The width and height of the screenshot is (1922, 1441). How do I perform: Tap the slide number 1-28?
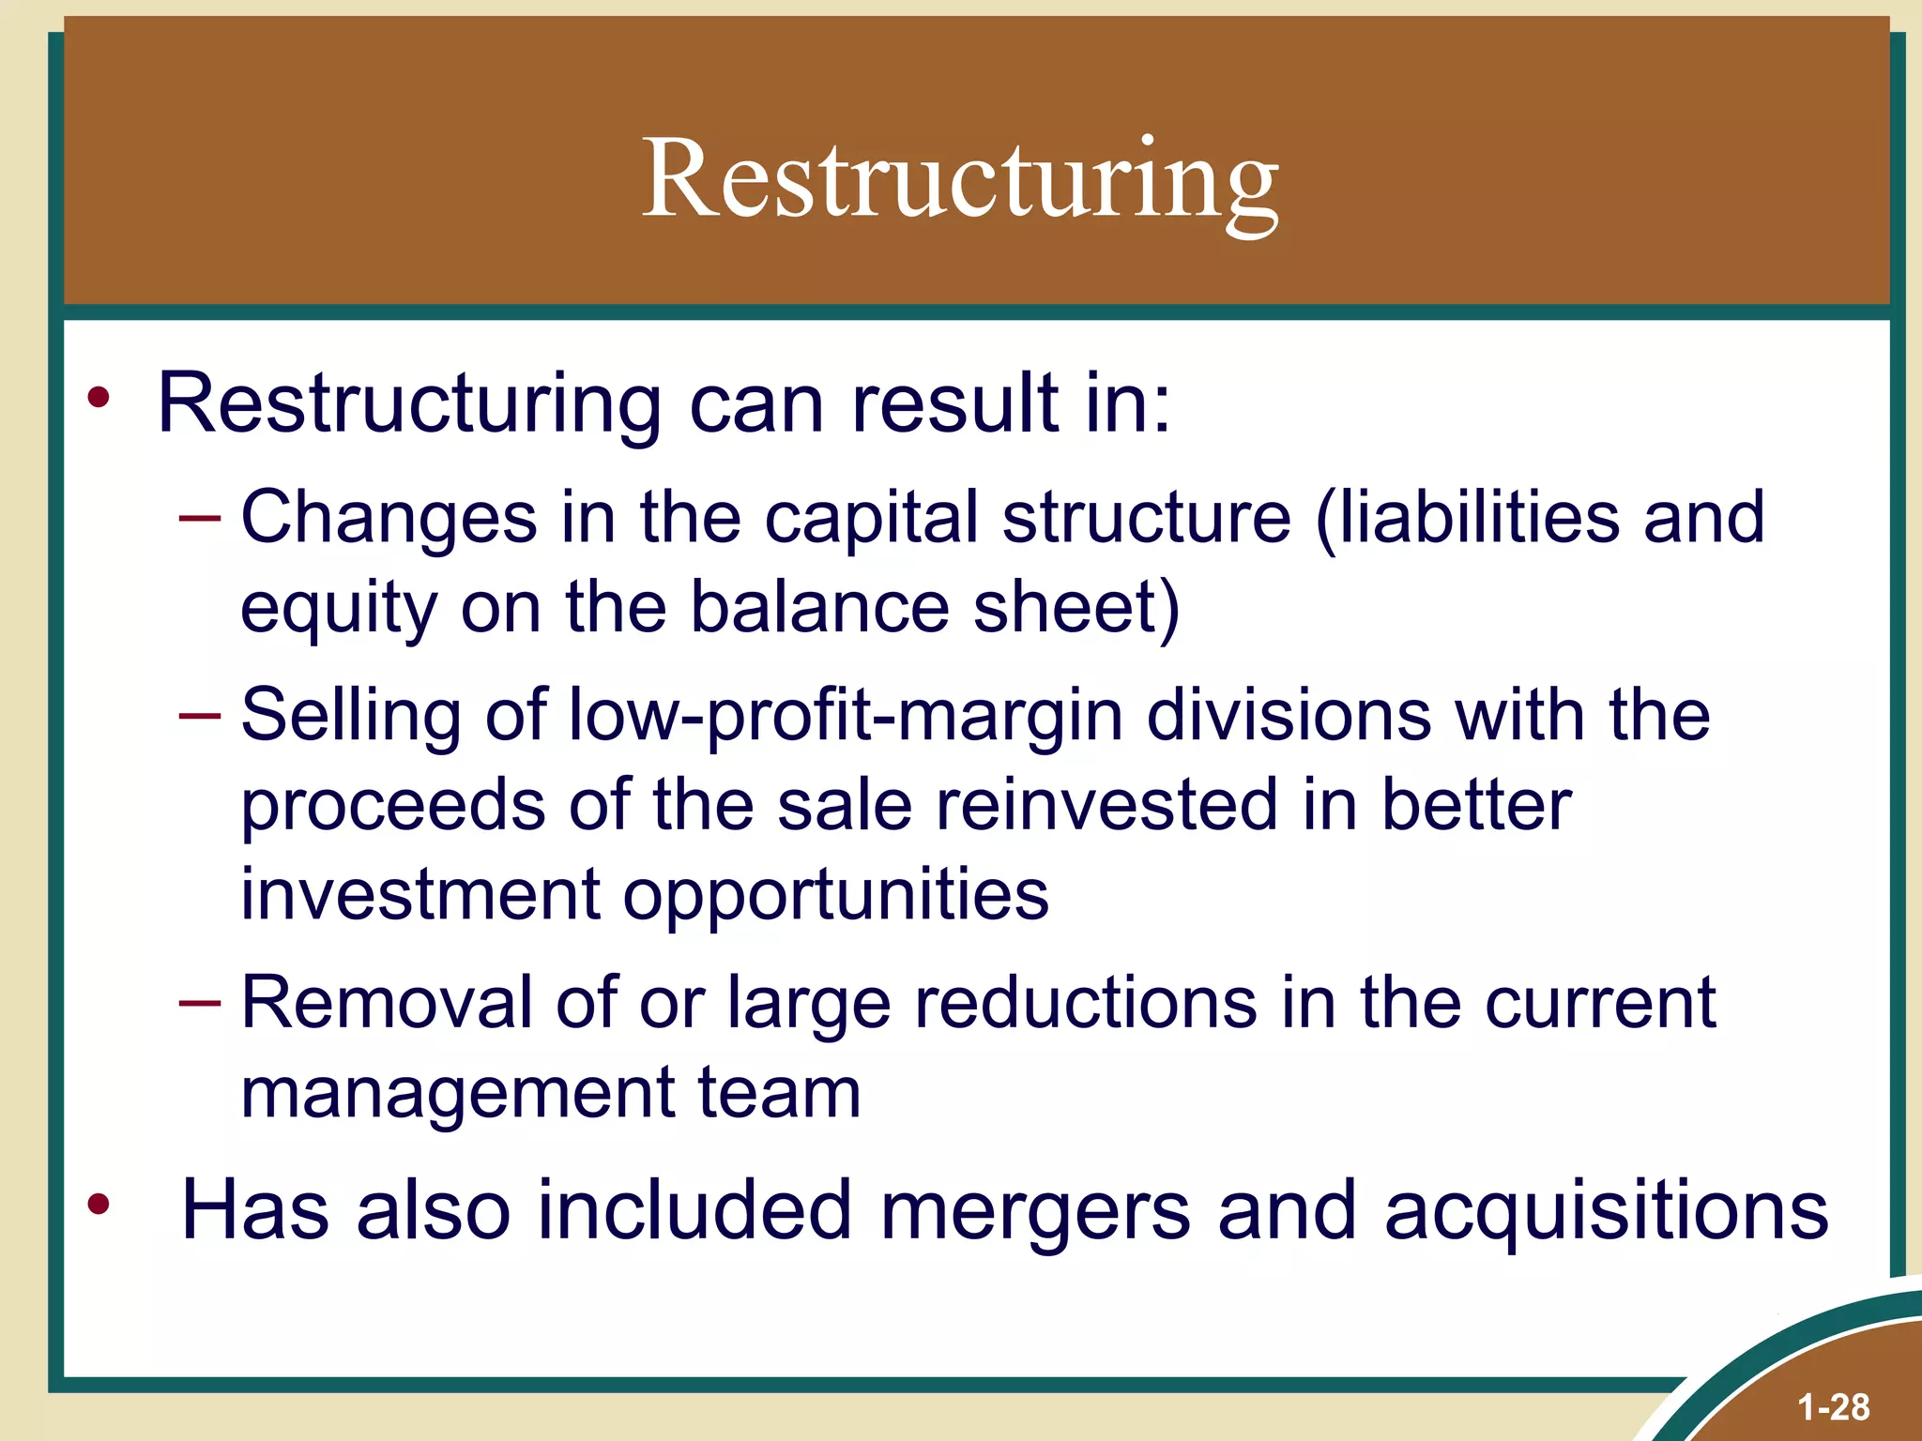(1833, 1407)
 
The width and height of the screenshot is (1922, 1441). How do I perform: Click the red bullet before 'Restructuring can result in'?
(99, 399)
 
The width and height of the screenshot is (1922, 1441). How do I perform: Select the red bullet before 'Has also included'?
(99, 1203)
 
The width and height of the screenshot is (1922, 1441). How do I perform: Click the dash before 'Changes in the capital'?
(199, 518)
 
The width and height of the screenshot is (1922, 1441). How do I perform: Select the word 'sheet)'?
(1076, 608)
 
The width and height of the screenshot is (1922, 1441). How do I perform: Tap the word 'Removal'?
(387, 1002)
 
